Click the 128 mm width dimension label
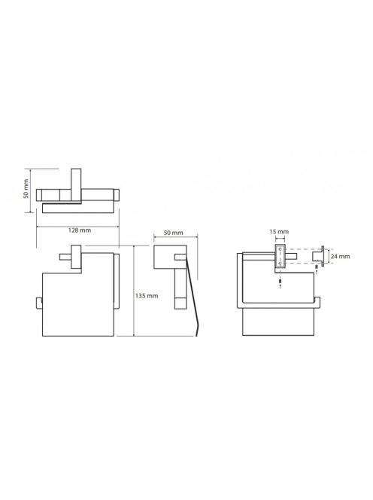click(x=80, y=230)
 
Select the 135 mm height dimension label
click(x=147, y=296)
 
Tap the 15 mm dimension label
click(x=279, y=232)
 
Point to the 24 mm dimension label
click(x=340, y=256)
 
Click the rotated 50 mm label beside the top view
click(x=26, y=189)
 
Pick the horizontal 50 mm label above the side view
click(x=173, y=233)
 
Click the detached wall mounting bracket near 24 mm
click(x=318, y=256)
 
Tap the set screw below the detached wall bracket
click(x=317, y=267)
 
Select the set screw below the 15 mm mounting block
click(x=280, y=282)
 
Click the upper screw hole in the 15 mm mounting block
click(x=280, y=248)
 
